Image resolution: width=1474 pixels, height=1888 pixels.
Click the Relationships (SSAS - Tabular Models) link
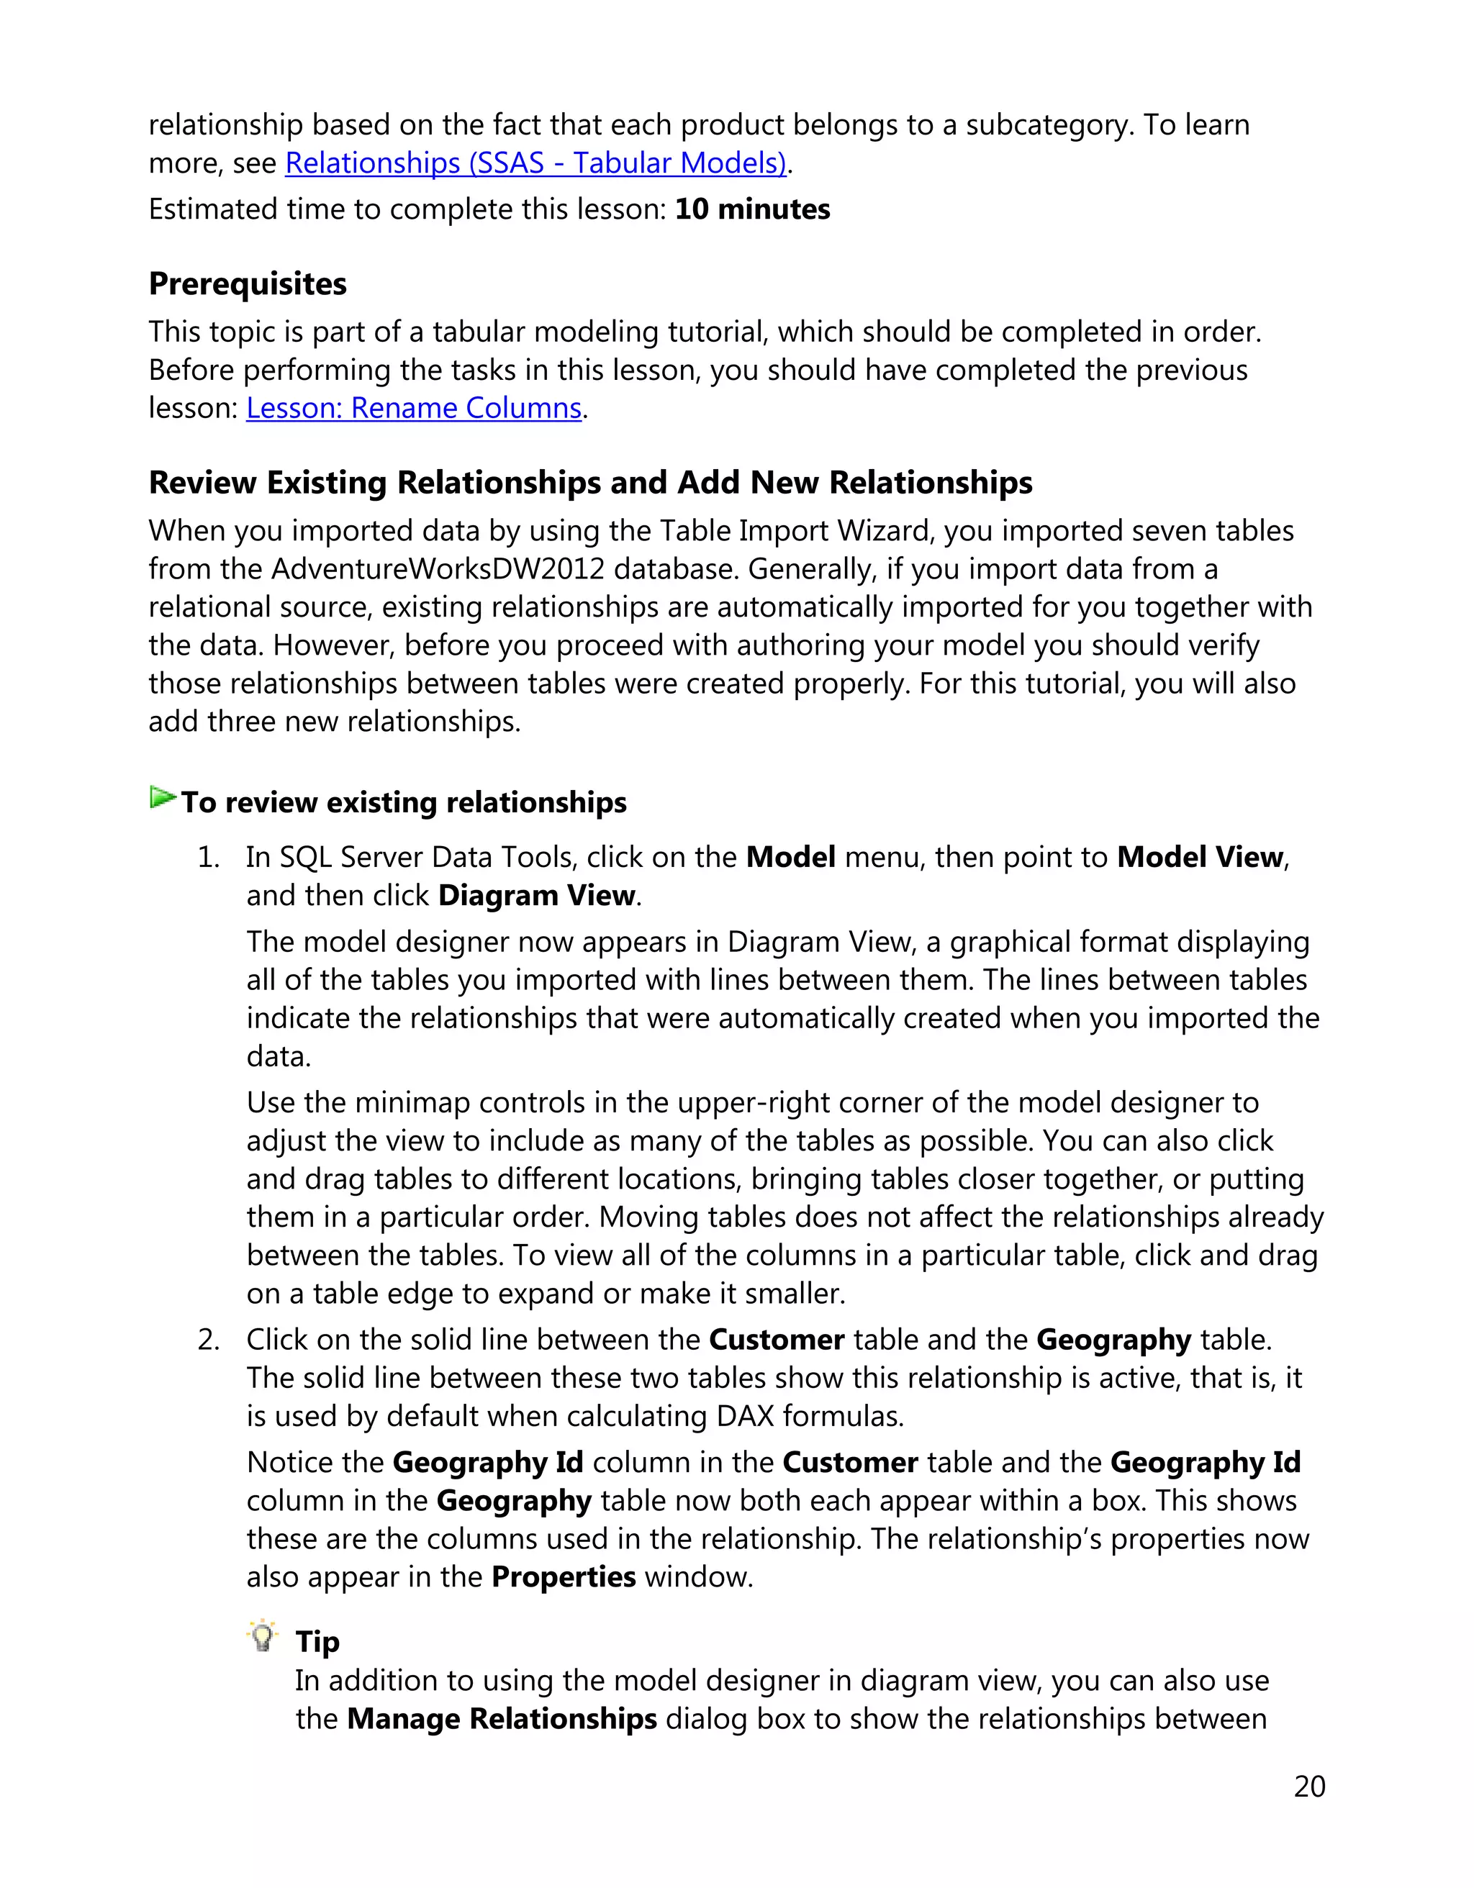pos(535,163)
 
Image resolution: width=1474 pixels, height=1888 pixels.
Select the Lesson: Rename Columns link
pos(413,407)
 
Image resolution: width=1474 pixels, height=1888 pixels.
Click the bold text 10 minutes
pos(751,209)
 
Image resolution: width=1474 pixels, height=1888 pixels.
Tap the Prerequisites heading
pos(248,283)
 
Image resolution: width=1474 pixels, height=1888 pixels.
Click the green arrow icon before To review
pos(162,797)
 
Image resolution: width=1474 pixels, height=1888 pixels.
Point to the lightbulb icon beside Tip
pos(262,1636)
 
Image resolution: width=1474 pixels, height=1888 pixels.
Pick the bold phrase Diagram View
pos(536,895)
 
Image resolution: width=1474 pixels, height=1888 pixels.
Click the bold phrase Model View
pos(1199,857)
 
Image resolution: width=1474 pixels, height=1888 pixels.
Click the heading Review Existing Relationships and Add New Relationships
pos(589,482)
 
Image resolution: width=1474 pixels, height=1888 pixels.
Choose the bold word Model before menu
pos(790,857)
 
